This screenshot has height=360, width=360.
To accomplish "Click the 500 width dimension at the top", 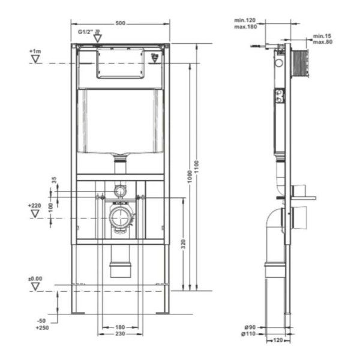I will [x=120, y=23].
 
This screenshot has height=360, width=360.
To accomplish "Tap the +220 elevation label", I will [x=35, y=206].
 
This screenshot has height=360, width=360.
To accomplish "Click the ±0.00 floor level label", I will [x=35, y=278].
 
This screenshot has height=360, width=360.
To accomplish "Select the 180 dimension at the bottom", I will [x=120, y=328].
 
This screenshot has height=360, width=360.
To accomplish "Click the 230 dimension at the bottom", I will [x=120, y=334].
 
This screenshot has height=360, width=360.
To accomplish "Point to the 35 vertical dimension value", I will [x=54, y=179].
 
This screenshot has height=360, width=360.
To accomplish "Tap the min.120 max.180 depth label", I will [x=245, y=23].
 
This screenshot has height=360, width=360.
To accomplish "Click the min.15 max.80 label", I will [x=322, y=38].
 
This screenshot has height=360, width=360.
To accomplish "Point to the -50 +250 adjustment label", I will [x=41, y=325].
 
